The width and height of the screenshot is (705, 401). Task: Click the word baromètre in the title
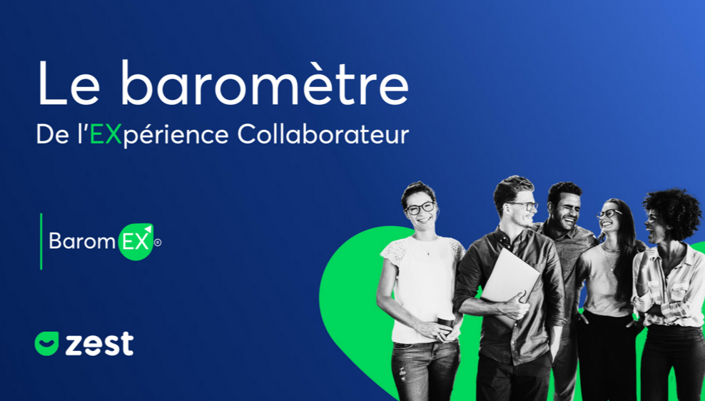click(264, 83)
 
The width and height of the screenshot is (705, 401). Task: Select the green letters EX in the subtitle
click(106, 134)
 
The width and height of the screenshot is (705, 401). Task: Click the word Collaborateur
click(323, 134)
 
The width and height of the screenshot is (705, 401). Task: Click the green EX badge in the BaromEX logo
click(136, 242)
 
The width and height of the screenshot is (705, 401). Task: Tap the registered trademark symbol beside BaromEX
click(158, 243)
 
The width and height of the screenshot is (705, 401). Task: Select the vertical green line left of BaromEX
click(41, 241)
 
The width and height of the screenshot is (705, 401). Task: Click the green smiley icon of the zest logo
click(47, 343)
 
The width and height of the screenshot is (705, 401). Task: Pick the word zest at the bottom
click(99, 344)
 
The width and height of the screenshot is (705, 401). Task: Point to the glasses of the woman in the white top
click(420, 208)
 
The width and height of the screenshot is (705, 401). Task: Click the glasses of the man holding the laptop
click(524, 206)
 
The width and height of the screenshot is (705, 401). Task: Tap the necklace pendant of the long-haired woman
click(612, 268)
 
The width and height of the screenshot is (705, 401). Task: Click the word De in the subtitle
click(53, 134)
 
